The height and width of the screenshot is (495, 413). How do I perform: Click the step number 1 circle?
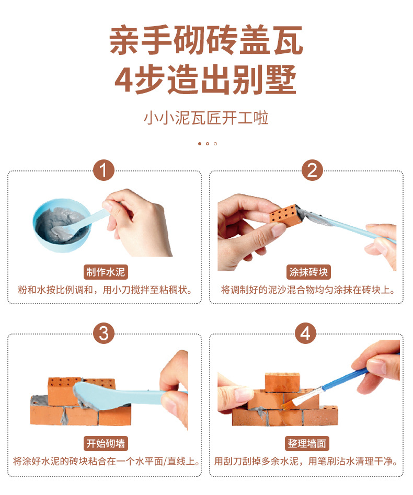tap(104, 170)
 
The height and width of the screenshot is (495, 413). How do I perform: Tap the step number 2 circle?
tap(312, 170)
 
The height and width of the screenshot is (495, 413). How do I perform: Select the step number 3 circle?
tap(104, 333)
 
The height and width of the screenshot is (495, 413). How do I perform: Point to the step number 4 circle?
tap(305, 333)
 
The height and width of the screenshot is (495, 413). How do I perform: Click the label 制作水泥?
tap(106, 272)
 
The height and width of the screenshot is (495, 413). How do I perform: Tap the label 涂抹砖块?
tap(308, 272)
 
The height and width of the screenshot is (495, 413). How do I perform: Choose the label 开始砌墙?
tap(106, 444)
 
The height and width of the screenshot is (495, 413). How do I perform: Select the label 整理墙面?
tap(307, 444)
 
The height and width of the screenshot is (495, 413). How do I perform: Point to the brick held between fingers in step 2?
tap(283, 216)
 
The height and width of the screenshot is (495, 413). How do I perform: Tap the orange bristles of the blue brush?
tap(288, 402)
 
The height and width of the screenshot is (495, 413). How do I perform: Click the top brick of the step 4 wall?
tap(282, 382)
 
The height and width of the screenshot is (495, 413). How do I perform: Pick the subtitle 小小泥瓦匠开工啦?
tap(206, 118)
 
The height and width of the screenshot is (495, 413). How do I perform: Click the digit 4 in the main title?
tap(124, 79)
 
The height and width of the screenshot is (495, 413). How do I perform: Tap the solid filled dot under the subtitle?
tap(200, 144)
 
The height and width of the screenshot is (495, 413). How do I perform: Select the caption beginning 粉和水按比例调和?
tap(105, 290)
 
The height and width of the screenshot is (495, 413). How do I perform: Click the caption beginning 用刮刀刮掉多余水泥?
tap(306, 462)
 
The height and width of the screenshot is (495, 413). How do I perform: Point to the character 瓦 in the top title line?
tap(288, 40)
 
